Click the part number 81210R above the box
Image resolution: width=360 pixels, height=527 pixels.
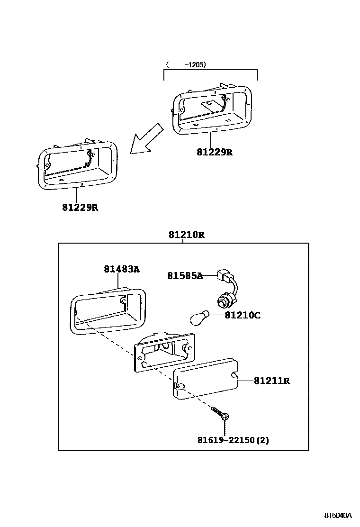(x=186, y=235)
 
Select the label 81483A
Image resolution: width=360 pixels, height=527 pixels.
(x=122, y=269)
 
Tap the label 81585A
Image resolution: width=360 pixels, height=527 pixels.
(x=185, y=275)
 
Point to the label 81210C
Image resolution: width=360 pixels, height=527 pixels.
(x=242, y=315)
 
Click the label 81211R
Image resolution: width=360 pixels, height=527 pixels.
(x=272, y=381)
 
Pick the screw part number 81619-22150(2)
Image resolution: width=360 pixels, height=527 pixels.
(x=233, y=440)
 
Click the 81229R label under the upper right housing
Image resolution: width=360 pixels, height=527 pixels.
(x=215, y=153)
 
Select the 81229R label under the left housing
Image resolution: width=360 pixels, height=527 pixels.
(x=80, y=207)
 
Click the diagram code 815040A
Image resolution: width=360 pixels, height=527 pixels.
(x=338, y=515)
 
